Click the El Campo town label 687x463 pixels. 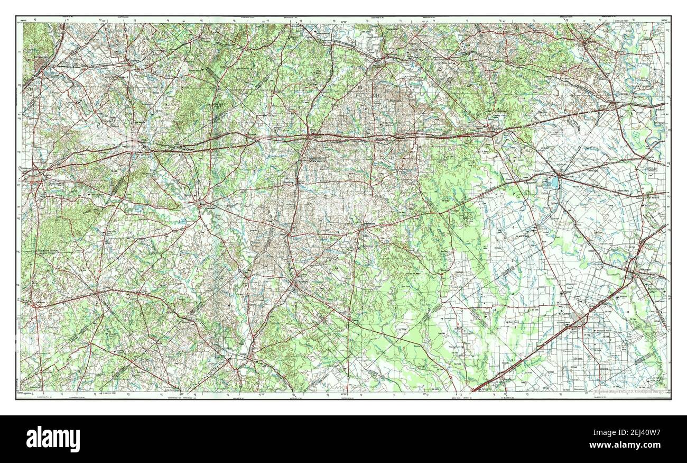point(566,314)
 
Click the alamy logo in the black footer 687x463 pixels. point(53,439)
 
